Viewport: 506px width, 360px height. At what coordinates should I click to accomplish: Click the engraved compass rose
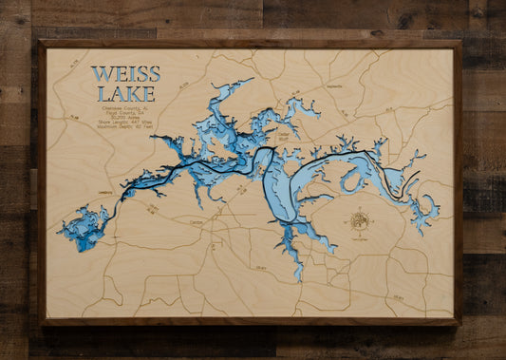[360, 221]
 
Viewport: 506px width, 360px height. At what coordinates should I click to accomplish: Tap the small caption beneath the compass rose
[360, 237]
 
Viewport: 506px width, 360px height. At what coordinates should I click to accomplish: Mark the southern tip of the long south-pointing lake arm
[298, 276]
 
